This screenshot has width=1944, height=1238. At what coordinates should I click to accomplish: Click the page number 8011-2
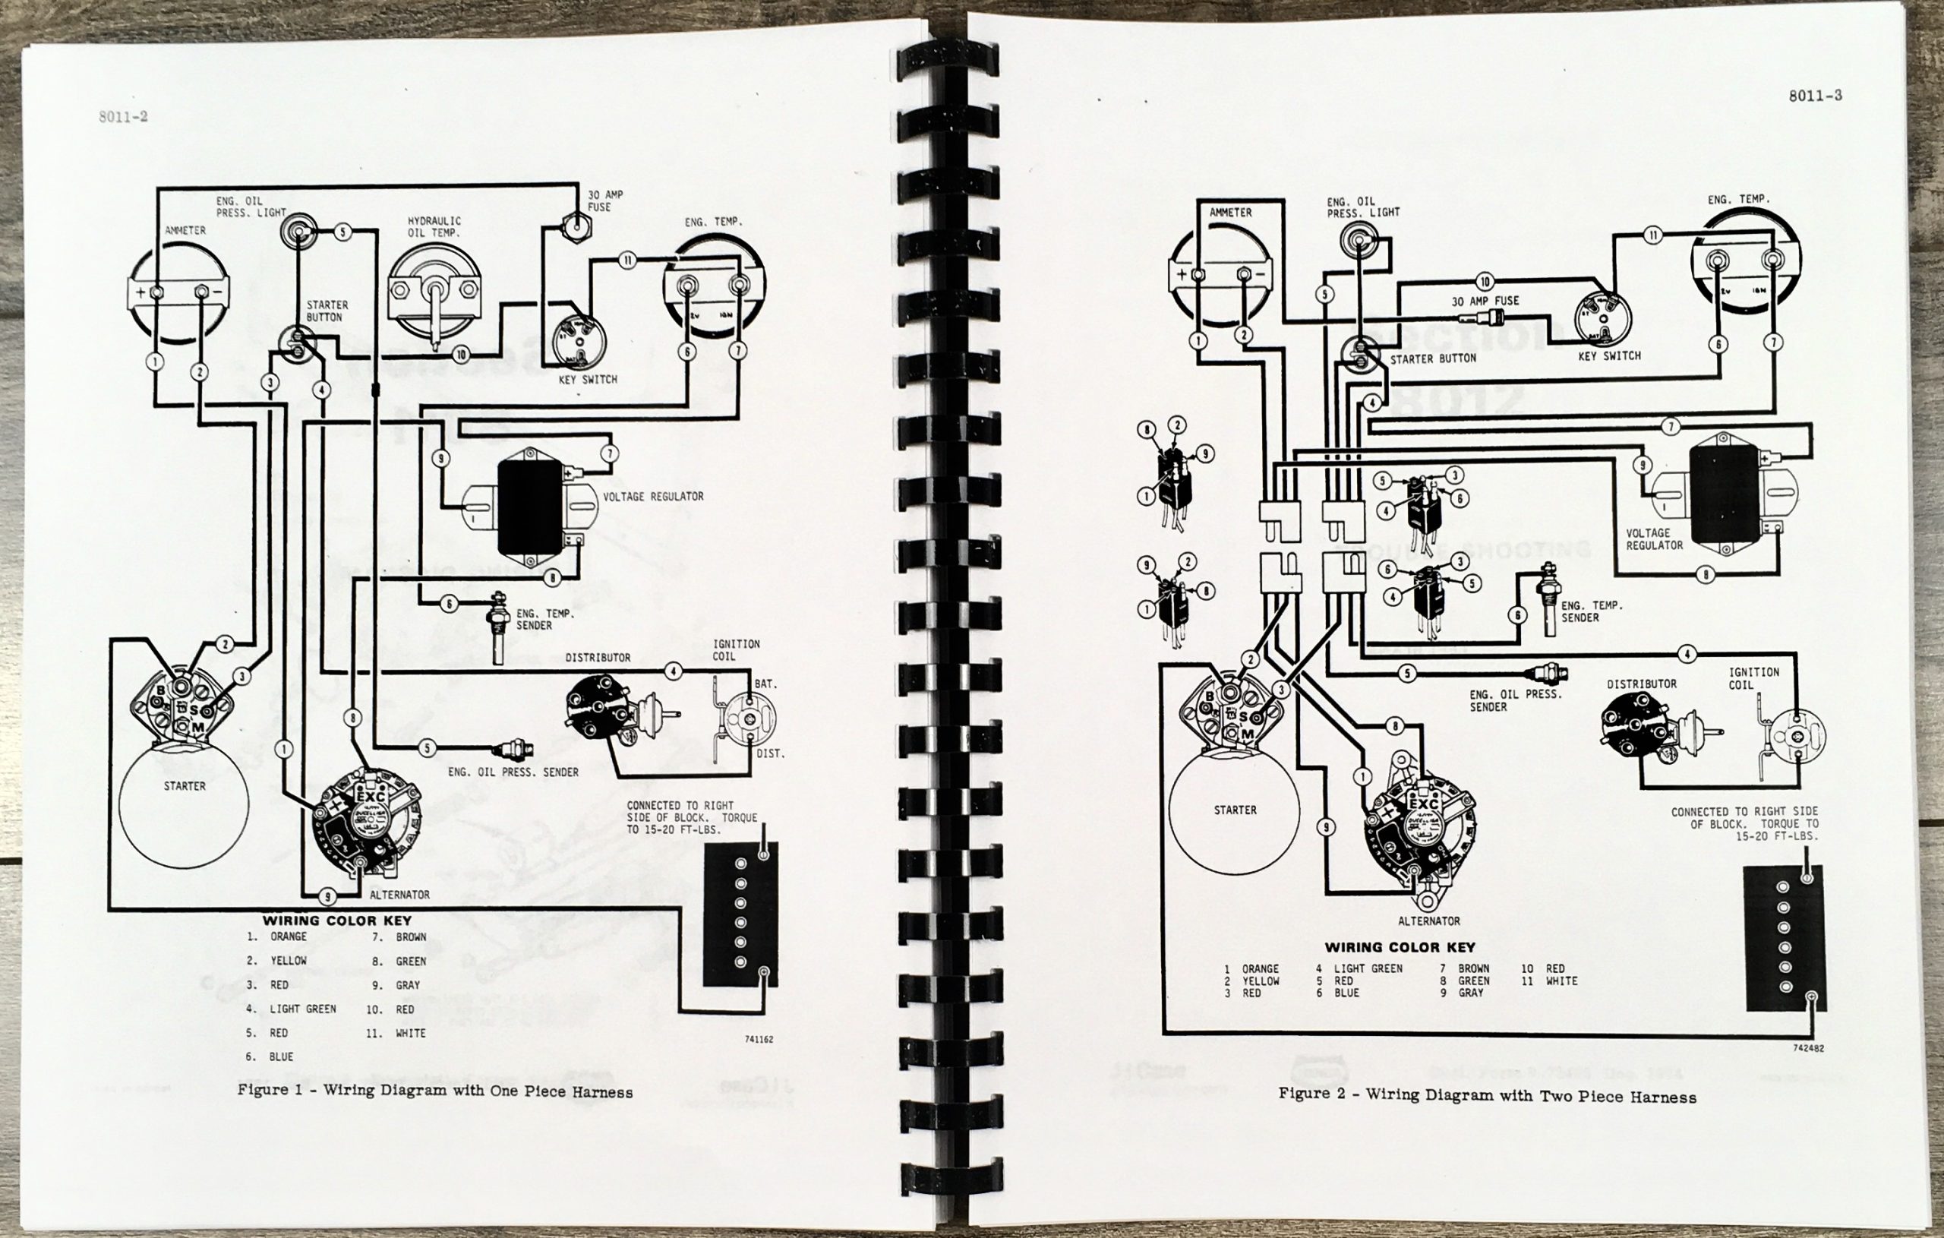click(x=124, y=116)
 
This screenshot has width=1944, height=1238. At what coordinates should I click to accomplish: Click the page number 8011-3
click(x=1814, y=95)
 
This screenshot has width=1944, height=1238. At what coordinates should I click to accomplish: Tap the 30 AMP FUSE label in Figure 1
click(x=604, y=201)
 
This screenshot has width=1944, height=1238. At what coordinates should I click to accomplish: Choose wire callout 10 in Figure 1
click(x=461, y=355)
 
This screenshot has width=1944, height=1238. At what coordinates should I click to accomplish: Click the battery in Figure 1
click(x=740, y=914)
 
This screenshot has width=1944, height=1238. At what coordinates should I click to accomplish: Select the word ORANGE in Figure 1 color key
click(x=289, y=936)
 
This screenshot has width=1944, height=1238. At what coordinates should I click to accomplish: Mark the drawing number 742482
click(x=1808, y=1048)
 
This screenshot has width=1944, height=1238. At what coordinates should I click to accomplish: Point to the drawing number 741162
click(x=758, y=1039)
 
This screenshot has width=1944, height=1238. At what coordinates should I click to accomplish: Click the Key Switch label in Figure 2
click(x=1609, y=355)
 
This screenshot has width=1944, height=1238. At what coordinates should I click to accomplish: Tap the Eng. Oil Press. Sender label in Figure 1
click(x=513, y=772)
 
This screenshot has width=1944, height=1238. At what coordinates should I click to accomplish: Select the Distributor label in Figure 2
click(x=1641, y=684)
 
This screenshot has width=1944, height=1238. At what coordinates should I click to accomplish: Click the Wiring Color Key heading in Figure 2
click(x=1399, y=947)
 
